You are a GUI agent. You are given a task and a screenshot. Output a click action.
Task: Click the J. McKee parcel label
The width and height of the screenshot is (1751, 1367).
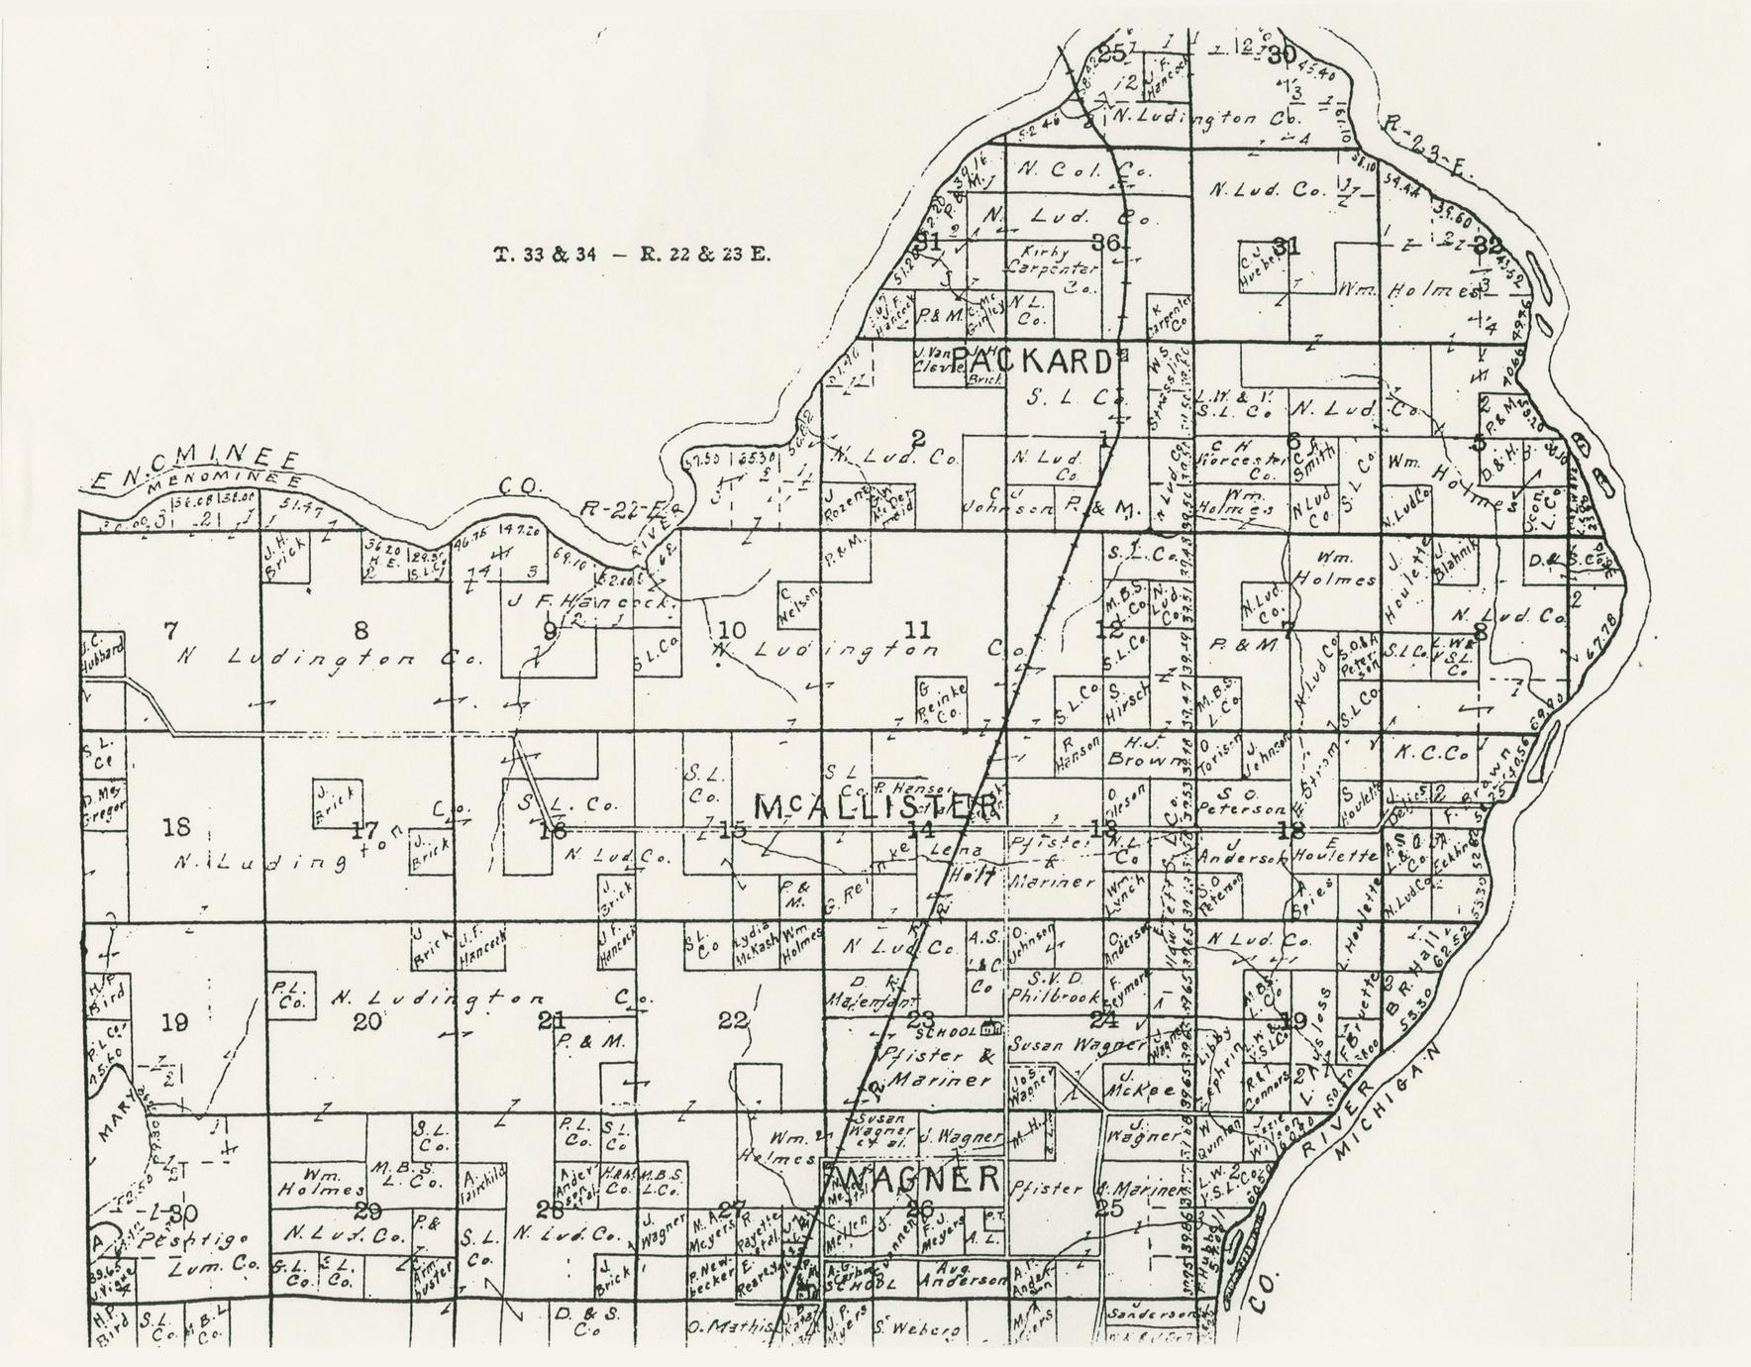(x=1145, y=1088)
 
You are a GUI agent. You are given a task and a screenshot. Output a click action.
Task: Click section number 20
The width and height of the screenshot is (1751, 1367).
(x=367, y=1021)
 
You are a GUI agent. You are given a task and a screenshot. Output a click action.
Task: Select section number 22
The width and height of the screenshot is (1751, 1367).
(x=734, y=1020)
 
